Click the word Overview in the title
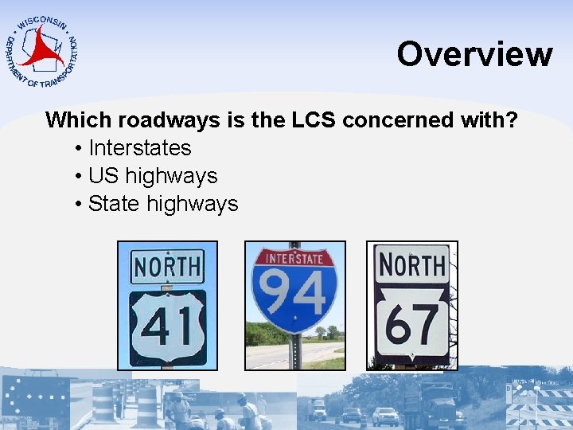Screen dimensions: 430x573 coord(474,54)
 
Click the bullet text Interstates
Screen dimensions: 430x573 coord(140,148)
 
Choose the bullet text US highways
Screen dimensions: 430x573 coord(153,176)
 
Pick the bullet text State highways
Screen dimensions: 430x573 coord(163,204)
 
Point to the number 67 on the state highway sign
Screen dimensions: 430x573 coord(411,323)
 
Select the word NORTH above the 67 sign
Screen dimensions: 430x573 coord(411,264)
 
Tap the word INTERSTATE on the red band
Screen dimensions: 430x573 coord(294,258)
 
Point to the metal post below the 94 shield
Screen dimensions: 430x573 coord(295,350)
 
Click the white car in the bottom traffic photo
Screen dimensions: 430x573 coord(385,416)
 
